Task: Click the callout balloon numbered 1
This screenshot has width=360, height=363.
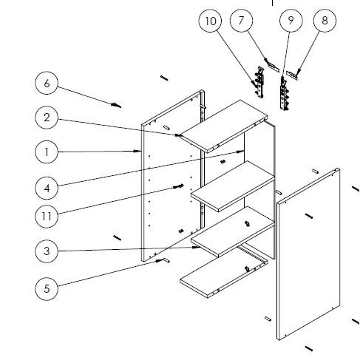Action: coord(46,152)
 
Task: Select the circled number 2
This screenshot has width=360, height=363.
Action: coord(46,117)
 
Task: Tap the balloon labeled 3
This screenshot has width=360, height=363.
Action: coord(46,251)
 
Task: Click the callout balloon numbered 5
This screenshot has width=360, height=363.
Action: coord(46,288)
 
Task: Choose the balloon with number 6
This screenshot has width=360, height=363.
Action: coord(46,83)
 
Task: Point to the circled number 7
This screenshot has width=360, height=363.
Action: coord(241,21)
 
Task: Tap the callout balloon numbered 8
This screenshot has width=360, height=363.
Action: coord(324,21)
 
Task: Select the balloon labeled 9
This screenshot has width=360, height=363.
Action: coord(291,21)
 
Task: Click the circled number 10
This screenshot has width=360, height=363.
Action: coord(210,21)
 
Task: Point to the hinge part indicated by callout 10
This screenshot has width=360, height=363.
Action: coord(258,81)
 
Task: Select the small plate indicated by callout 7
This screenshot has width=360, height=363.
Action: coord(272,67)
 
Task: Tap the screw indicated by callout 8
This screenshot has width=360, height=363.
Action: coord(299,72)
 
